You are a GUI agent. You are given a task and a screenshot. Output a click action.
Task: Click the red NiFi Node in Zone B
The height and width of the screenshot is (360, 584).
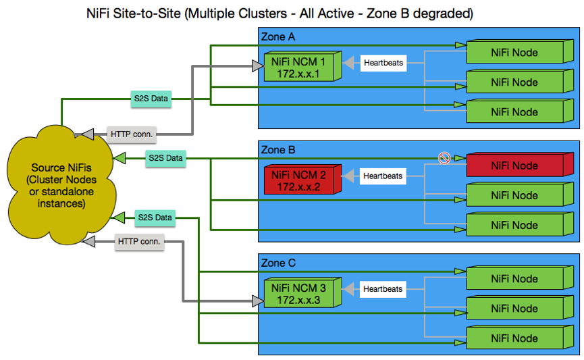(514, 166)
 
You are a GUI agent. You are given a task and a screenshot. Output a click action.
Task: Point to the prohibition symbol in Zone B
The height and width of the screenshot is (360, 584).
(444, 158)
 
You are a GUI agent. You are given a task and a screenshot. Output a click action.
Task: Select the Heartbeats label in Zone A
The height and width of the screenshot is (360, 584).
(383, 63)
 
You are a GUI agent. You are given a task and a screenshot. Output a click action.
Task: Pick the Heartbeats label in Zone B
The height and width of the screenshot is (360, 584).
(383, 176)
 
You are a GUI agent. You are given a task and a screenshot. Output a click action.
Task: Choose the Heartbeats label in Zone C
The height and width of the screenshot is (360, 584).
(383, 289)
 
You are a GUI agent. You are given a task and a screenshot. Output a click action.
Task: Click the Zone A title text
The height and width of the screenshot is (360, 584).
(278, 36)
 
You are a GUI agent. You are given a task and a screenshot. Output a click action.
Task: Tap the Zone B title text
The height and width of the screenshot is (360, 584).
(278, 149)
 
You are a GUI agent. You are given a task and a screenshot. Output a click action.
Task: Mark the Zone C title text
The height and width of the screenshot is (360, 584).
(278, 263)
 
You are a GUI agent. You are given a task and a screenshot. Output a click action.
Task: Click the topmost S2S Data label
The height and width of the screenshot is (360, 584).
(151, 99)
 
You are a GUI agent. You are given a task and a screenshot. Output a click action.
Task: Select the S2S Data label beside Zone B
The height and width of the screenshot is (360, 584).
(165, 158)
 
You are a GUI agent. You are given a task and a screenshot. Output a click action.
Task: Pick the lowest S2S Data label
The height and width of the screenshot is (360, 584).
(155, 217)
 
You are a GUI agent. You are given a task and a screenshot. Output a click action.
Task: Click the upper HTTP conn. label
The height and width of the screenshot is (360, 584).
(132, 134)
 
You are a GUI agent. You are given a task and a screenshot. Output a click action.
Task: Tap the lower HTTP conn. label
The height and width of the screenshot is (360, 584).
(140, 241)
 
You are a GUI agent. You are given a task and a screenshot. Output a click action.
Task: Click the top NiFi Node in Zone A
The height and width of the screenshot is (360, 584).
(514, 53)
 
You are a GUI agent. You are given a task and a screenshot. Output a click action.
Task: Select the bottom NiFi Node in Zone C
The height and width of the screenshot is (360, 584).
(514, 338)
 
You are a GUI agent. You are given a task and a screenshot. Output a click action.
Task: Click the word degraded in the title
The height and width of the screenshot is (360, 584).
(446, 13)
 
